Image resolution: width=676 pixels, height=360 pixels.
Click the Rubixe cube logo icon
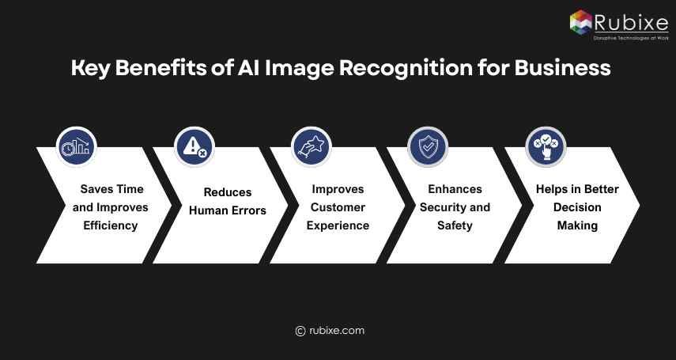point(581,21)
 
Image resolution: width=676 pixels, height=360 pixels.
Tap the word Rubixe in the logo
point(631,22)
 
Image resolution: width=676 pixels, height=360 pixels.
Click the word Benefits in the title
point(161,68)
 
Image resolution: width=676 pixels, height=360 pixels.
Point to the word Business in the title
point(562,68)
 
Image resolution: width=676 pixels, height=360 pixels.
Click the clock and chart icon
point(77,147)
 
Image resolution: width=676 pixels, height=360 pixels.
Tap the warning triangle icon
point(194,146)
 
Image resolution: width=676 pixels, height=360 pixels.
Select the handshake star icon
point(311,147)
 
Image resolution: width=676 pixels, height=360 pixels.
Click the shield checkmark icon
point(428,147)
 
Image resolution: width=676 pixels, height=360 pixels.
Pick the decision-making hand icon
point(546,147)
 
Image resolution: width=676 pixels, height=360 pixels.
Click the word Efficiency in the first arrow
point(111,225)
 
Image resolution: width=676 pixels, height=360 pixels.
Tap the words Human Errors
point(228,210)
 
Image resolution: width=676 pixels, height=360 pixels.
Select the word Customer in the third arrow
point(338,207)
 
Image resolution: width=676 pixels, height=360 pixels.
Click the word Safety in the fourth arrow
point(455,225)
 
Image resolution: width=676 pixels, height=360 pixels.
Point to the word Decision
point(577,207)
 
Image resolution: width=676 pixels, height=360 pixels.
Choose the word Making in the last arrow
point(577,225)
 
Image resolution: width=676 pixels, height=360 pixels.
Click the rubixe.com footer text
point(337,331)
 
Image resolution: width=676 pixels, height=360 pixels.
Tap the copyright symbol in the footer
point(300,332)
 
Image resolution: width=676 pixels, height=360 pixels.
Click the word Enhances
point(455,189)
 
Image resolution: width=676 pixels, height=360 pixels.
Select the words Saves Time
point(112,189)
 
